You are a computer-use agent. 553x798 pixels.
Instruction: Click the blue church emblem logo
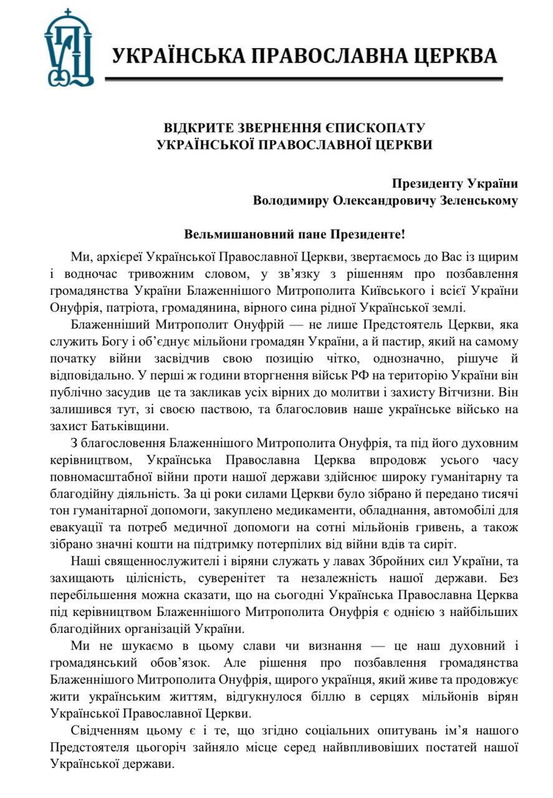[69, 48]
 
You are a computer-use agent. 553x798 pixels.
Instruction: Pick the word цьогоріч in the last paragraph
[174, 746]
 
